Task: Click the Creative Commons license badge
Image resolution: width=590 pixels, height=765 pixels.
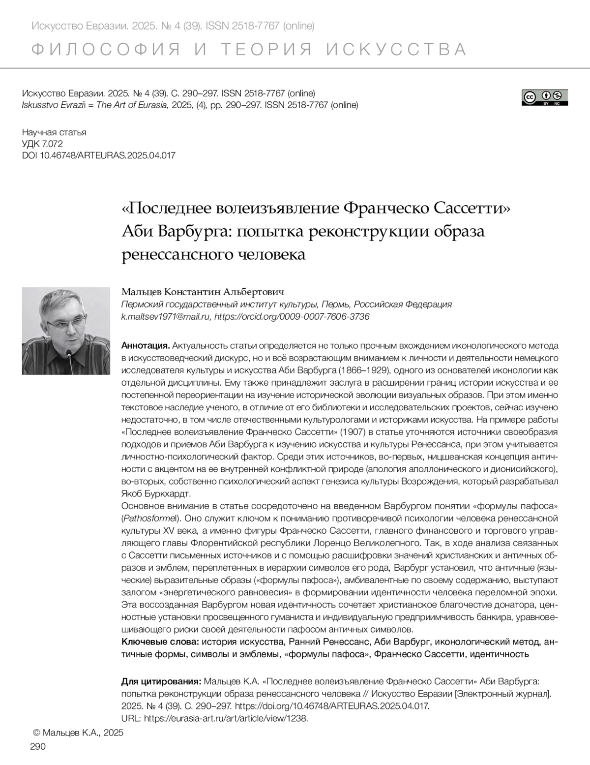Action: [544, 97]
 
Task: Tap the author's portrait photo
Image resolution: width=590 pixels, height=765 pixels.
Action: [66, 331]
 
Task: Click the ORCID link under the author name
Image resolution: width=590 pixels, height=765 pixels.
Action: [292, 316]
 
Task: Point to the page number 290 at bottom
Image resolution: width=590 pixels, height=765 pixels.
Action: [38, 747]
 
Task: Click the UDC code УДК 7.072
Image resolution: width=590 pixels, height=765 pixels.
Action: [42, 144]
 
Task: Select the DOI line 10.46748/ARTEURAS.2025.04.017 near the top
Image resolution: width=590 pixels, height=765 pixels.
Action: [99, 155]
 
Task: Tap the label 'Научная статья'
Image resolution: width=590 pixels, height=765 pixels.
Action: [54, 132]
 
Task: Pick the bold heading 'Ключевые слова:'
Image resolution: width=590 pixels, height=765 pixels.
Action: [160, 642]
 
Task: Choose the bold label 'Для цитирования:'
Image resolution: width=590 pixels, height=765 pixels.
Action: [161, 681]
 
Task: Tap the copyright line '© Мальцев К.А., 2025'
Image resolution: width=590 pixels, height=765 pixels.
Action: [78, 733]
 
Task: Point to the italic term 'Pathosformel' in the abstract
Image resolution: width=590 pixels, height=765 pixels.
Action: [149, 518]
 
